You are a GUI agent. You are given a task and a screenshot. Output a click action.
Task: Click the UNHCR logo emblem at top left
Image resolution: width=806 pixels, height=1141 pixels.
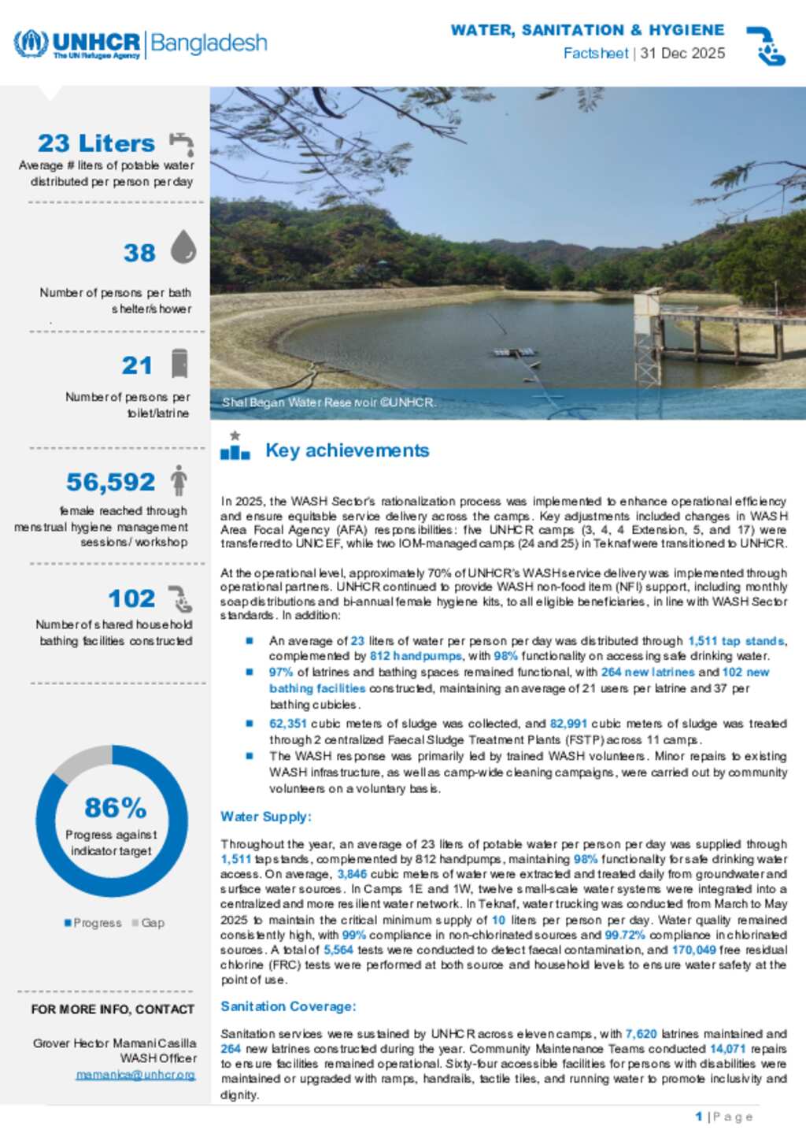click(30, 43)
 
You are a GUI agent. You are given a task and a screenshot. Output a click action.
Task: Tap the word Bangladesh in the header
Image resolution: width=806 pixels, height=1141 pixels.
click(209, 43)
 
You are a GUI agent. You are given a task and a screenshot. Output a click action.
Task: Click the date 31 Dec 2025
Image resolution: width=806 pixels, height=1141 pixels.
click(682, 54)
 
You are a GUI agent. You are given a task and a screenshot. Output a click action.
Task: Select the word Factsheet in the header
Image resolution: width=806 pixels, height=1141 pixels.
click(595, 54)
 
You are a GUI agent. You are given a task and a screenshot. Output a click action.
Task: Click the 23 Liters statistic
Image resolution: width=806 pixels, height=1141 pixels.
click(96, 143)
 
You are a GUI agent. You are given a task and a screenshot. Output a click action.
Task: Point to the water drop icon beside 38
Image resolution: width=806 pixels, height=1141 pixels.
click(183, 246)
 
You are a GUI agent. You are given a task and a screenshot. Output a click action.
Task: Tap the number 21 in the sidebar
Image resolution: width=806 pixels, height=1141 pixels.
click(137, 365)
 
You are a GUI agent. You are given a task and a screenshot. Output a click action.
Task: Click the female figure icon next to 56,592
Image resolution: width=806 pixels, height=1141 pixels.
click(179, 480)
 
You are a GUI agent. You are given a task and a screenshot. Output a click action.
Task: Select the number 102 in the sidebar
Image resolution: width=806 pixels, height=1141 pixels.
click(131, 598)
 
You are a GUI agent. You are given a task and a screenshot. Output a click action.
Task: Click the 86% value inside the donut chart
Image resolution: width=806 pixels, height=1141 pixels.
click(115, 808)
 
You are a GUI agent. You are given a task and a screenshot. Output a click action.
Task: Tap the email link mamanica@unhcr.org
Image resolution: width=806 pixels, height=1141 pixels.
click(135, 1075)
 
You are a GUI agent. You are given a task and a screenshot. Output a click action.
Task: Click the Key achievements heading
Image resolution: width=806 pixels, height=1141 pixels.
click(347, 450)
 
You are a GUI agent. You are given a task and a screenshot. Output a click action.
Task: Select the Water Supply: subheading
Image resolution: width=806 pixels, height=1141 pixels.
click(266, 817)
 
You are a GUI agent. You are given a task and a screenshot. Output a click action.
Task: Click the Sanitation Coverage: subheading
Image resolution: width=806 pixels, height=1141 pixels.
click(288, 1006)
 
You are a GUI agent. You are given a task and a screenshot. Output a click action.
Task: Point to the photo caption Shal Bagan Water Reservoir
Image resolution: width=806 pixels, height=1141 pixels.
click(328, 402)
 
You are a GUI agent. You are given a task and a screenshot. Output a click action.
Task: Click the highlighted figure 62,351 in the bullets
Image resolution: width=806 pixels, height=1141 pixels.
click(287, 724)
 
